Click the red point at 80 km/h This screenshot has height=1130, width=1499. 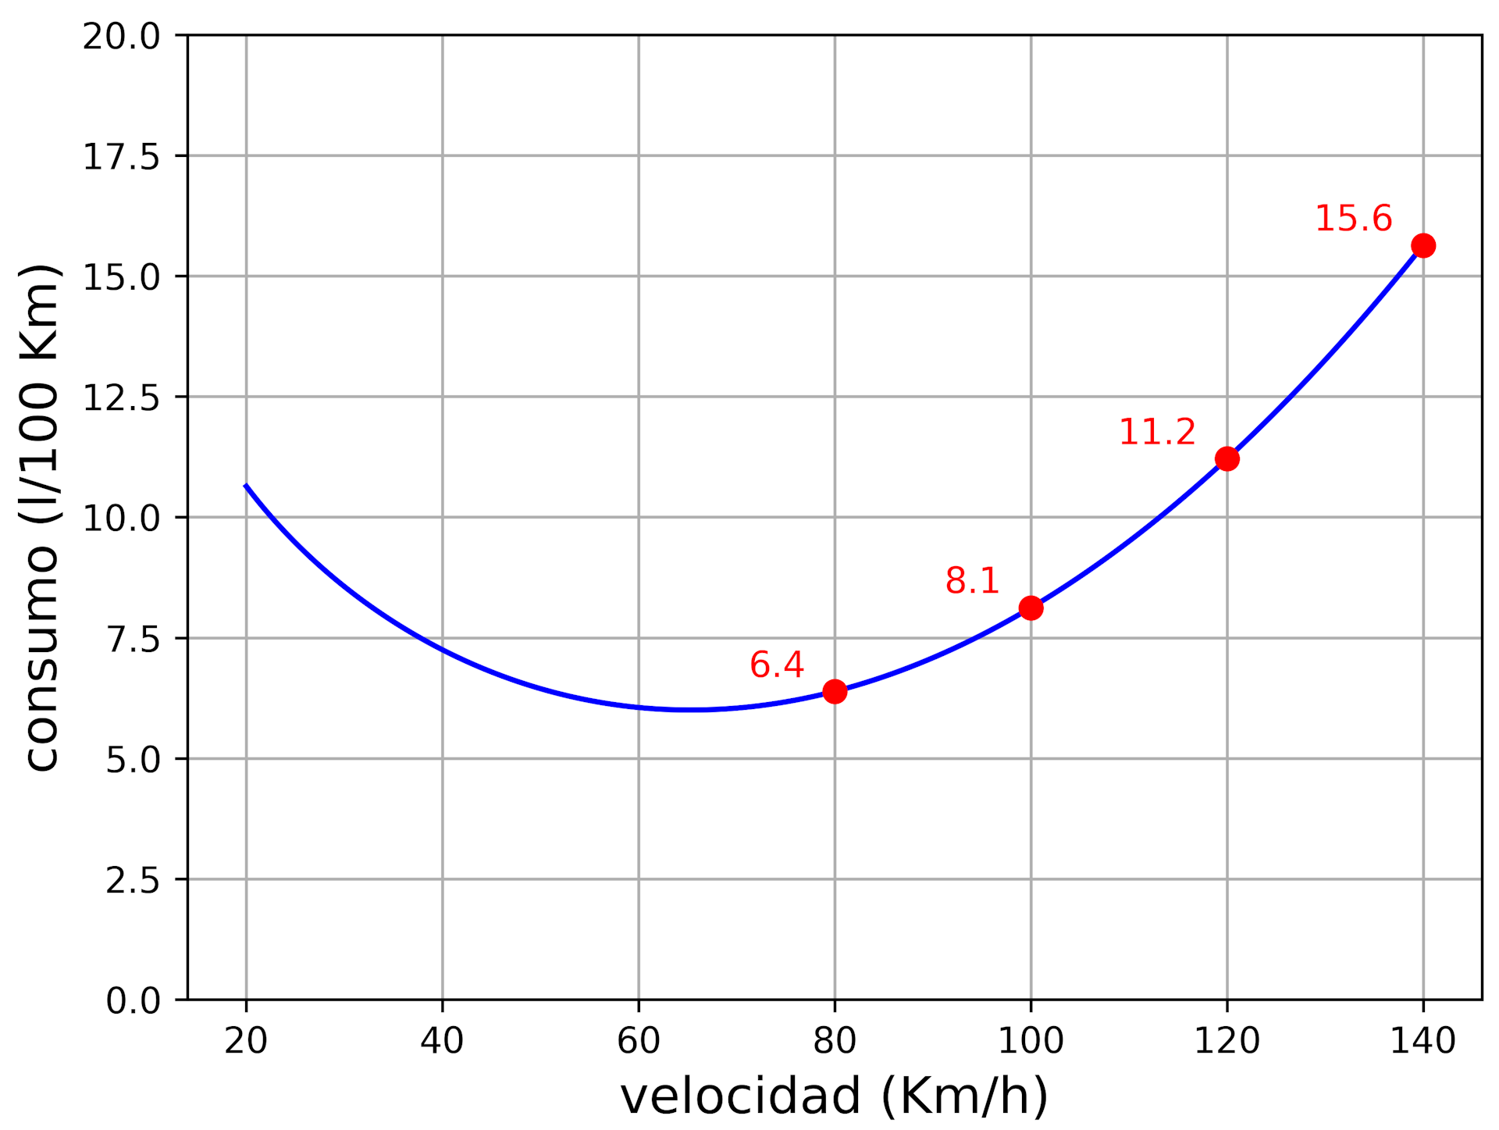(835, 691)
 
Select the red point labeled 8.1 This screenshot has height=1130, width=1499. (1031, 608)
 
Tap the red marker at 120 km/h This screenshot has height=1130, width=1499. (1227, 458)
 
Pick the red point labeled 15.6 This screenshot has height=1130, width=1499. (1422, 245)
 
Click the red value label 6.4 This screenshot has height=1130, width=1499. (776, 665)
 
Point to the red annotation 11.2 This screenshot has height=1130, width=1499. (1156, 433)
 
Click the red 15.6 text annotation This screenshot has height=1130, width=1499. (1353, 219)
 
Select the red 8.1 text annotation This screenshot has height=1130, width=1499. (972, 581)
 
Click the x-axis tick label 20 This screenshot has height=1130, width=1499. (246, 1041)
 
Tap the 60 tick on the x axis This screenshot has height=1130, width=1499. (639, 1041)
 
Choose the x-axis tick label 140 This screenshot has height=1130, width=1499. (1422, 1041)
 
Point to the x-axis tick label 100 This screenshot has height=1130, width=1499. (1031, 1041)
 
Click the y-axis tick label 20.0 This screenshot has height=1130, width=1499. (121, 37)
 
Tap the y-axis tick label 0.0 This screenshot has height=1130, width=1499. (133, 1000)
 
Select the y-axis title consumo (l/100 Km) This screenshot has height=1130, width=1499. (41, 517)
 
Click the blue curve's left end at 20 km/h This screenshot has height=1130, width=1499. (247, 486)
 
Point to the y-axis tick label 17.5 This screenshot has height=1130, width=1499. (121, 157)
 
